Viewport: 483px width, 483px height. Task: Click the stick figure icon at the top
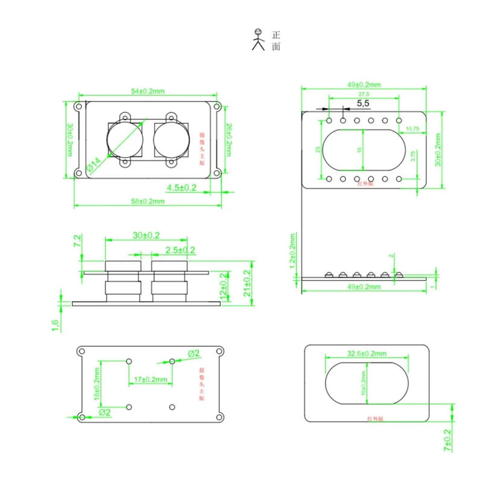[259, 39]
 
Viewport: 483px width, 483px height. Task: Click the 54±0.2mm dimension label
[148, 91]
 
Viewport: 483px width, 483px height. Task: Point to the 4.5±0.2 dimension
[182, 188]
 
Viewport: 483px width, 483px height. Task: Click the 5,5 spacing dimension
[363, 104]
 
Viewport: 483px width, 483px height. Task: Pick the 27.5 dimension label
[364, 95]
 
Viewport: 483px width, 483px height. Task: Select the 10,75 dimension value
[413, 129]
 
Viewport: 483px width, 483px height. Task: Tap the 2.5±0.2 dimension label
[180, 250]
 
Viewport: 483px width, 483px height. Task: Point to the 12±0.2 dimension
[225, 286]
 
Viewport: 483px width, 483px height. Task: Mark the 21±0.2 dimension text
[246, 281]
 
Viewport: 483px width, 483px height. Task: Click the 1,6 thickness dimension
[56, 325]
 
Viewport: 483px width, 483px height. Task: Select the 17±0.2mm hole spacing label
[150, 379]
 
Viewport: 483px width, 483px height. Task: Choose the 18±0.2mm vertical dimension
[97, 385]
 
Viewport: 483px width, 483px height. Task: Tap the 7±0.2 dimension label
[447, 441]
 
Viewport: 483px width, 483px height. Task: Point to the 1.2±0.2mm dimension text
[293, 251]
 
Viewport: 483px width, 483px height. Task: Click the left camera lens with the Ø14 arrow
[126, 139]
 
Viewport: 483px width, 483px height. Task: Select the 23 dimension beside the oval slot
[318, 149]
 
